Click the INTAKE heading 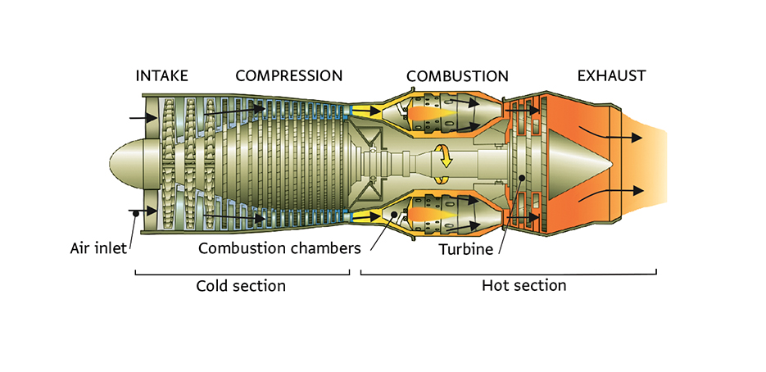161,76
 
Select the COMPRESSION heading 288,76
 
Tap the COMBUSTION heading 457,76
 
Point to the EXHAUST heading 611,76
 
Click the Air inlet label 97,247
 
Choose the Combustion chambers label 279,247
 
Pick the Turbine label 465,247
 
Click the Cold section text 241,286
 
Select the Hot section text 524,285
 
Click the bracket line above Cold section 242,274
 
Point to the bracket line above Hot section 508,274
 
